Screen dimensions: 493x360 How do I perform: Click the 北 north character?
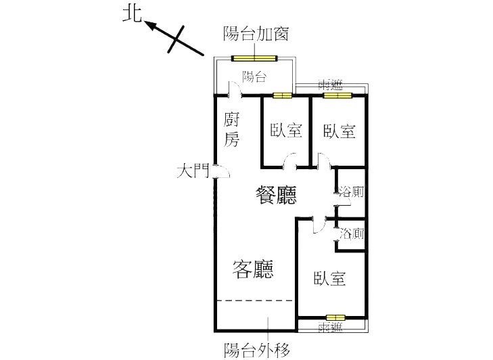click(x=132, y=14)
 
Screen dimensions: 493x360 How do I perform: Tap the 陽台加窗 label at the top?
click(x=256, y=33)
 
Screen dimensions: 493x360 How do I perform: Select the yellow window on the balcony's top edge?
click(x=254, y=58)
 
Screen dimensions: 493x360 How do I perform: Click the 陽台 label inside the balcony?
click(x=254, y=76)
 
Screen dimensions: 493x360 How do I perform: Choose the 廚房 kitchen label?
click(x=232, y=130)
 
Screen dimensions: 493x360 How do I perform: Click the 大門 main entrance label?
click(x=193, y=171)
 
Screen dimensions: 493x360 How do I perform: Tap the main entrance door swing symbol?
click(x=222, y=171)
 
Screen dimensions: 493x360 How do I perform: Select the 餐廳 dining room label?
click(x=276, y=195)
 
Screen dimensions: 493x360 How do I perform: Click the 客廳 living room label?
click(x=253, y=269)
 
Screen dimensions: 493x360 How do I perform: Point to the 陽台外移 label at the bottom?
click(x=256, y=349)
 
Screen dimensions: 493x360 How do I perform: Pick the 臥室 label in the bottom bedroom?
click(x=329, y=279)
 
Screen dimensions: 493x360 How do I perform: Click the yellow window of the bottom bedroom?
click(x=335, y=317)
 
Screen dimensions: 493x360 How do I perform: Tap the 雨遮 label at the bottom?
click(x=330, y=328)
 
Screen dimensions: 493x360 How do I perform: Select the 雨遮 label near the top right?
click(x=331, y=85)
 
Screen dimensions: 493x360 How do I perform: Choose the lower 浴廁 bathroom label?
click(x=352, y=234)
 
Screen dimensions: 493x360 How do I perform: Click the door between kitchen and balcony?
click(x=235, y=89)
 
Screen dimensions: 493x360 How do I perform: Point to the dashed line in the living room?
click(x=256, y=300)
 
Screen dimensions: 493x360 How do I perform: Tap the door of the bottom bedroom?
click(x=319, y=225)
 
